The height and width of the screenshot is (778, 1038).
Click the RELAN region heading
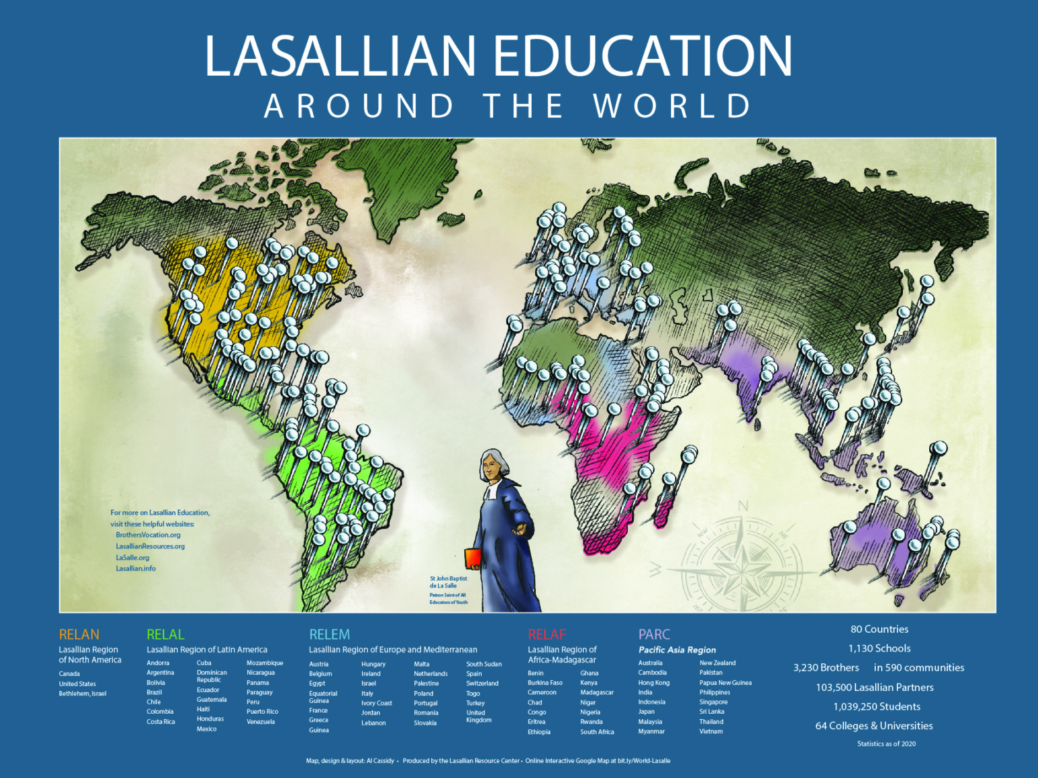click(79, 635)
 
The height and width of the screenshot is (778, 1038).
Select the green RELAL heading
click(166, 635)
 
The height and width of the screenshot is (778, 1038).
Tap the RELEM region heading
click(330, 635)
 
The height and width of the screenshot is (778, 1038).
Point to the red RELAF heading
click(547, 635)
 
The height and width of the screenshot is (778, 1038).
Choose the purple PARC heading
click(654, 635)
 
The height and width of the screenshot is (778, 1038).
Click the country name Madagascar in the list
click(597, 692)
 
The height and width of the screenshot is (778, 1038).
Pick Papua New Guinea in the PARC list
click(725, 683)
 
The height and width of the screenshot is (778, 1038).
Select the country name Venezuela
click(261, 722)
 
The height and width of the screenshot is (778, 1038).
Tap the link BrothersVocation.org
click(148, 535)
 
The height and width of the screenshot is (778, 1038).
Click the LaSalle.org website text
click(132, 558)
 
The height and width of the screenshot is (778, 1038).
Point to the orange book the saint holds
click(473, 559)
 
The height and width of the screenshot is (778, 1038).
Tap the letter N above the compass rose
click(743, 506)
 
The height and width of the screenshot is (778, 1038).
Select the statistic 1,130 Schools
click(879, 648)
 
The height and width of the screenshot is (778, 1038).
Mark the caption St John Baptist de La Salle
click(448, 582)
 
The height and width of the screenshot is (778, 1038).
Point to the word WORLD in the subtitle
click(672, 107)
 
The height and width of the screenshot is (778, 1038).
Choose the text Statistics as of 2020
click(886, 744)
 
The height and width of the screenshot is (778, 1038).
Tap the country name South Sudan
click(484, 664)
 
